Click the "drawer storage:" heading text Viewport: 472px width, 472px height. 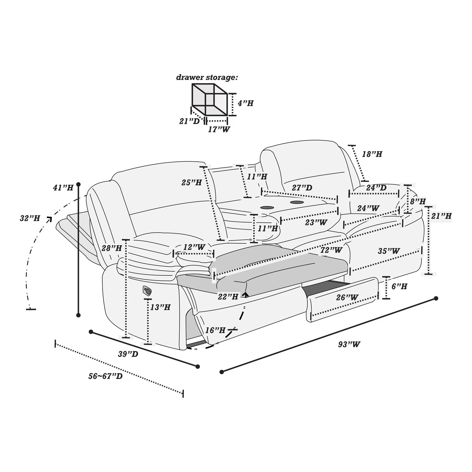coord(207,78)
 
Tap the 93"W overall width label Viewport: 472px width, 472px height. coord(349,344)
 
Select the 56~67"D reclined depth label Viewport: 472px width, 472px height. coord(106,376)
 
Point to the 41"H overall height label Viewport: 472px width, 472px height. coord(63,188)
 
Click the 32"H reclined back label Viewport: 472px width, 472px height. coord(30,219)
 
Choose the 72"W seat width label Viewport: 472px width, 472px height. coord(331,250)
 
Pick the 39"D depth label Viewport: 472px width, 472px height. coord(128,354)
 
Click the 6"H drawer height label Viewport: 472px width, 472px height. coord(399,287)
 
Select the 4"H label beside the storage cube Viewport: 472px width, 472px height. coord(245,104)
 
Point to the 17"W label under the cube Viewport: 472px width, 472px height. coord(219,129)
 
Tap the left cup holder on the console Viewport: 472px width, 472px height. coord(268,207)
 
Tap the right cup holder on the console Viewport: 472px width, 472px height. coord(296,203)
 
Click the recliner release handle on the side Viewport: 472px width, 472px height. coord(147,290)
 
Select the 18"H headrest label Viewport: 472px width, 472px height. coord(372,154)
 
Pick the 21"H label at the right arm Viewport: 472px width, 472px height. coord(441,216)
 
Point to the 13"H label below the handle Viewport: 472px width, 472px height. coord(160,307)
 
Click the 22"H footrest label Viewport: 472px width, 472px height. coord(228,297)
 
